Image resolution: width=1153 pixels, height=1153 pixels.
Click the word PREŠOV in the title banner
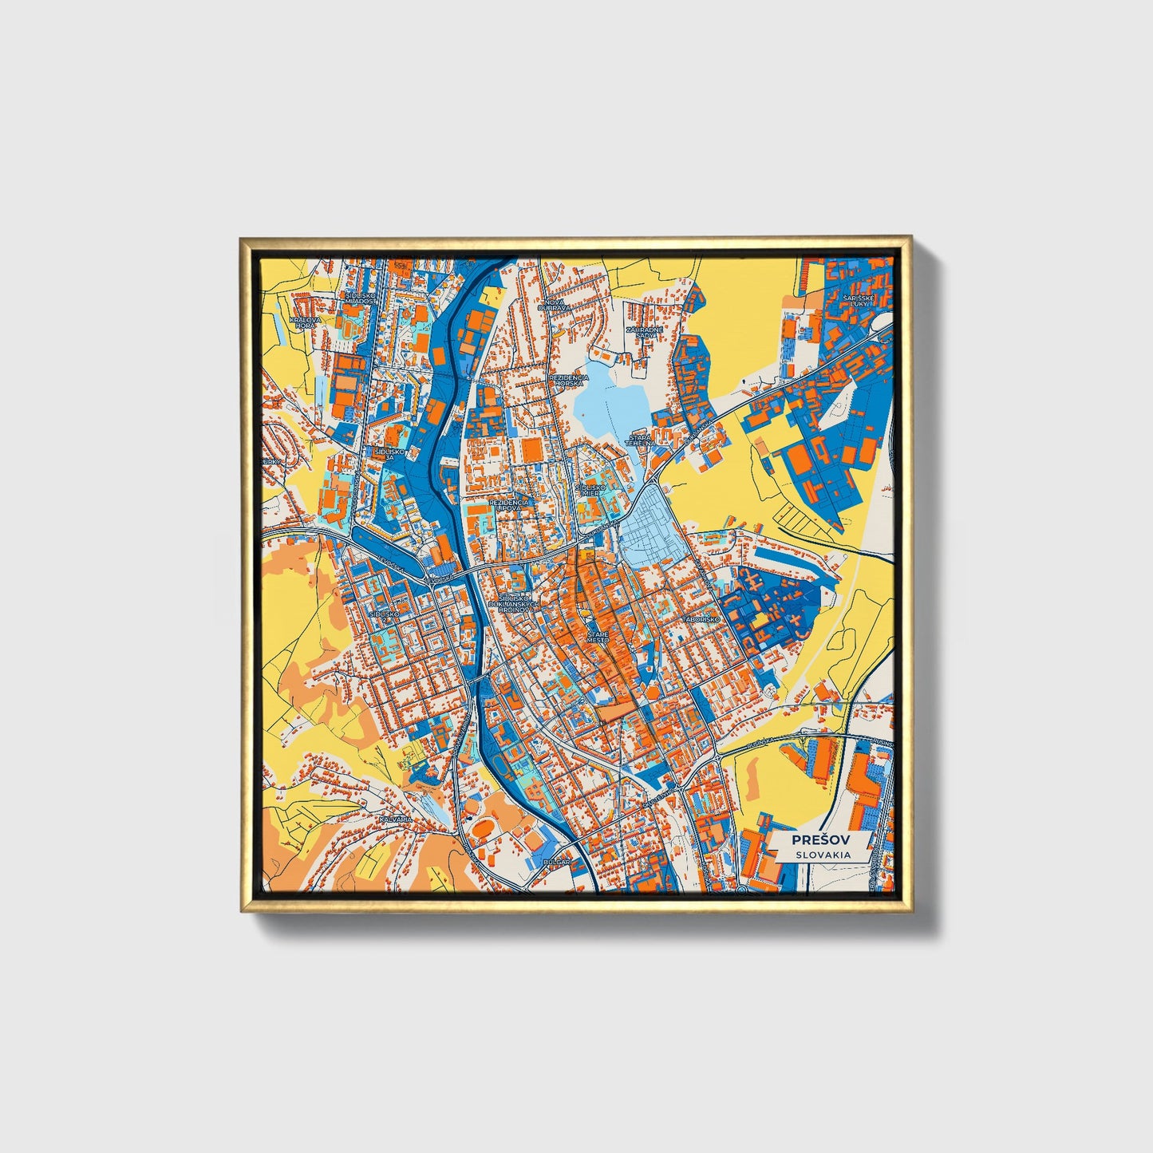pyautogui.click(x=820, y=839)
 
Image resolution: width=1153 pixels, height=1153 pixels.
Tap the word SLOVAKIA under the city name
pyautogui.click(x=820, y=855)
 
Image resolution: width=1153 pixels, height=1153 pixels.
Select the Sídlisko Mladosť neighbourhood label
pyautogui.click(x=361, y=298)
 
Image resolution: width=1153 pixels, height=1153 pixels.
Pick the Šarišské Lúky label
pyautogui.click(x=859, y=301)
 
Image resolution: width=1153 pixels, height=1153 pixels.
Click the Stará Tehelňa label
pyautogui.click(x=640, y=440)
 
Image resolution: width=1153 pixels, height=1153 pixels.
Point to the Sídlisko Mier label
pyautogui.click(x=592, y=489)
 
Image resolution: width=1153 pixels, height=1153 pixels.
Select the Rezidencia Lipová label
pyautogui.click(x=508, y=505)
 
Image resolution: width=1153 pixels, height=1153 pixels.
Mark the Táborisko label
pyautogui.click(x=701, y=619)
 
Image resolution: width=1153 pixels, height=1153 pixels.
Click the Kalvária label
pyautogui.click(x=396, y=819)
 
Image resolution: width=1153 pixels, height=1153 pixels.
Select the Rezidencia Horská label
pyautogui.click(x=569, y=380)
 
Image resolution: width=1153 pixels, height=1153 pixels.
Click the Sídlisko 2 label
pyautogui.click(x=384, y=614)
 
